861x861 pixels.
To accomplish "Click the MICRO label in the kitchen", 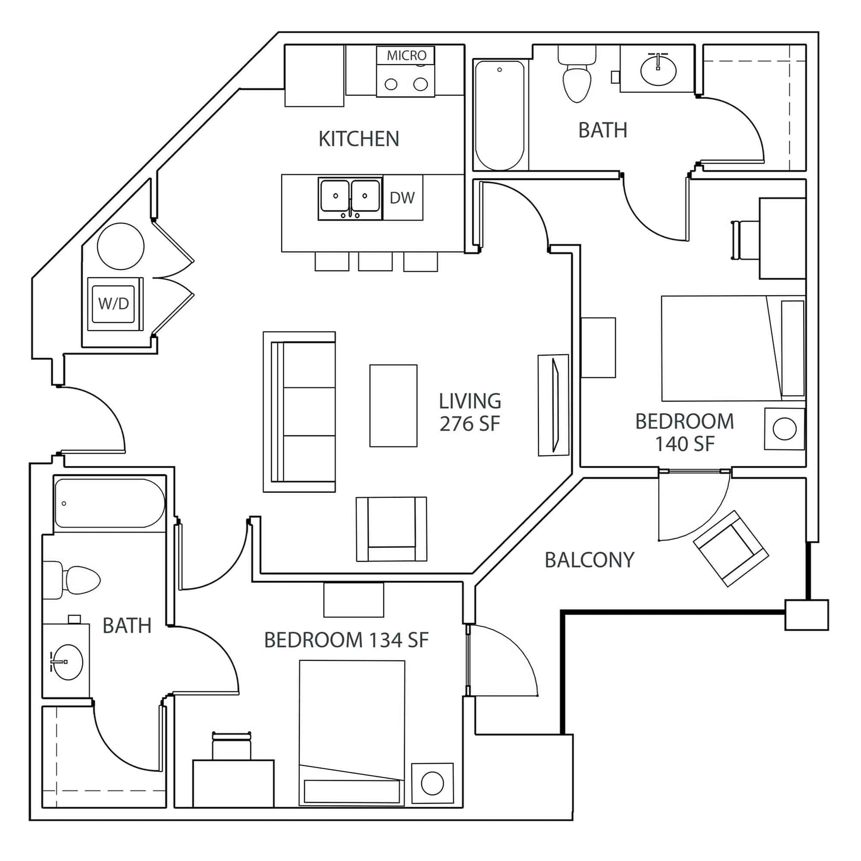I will (x=406, y=55).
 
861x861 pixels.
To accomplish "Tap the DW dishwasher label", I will (x=402, y=198).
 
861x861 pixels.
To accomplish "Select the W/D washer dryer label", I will (x=113, y=304).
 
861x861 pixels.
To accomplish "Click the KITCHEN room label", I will (x=358, y=139).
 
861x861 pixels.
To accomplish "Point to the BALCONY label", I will (x=589, y=560).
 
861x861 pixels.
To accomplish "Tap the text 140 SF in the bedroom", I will (x=684, y=444).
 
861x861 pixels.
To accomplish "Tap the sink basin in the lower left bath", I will (x=68, y=661).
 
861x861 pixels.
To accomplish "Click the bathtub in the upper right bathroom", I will (x=499, y=115).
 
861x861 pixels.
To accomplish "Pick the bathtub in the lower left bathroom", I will (x=109, y=503).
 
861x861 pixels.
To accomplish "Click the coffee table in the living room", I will (x=393, y=406).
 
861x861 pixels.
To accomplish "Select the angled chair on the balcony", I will (x=730, y=548).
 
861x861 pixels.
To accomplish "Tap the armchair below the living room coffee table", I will (x=391, y=529).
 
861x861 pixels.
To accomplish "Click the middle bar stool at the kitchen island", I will (x=375, y=262).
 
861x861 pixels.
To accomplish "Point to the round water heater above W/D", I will (x=121, y=246).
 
